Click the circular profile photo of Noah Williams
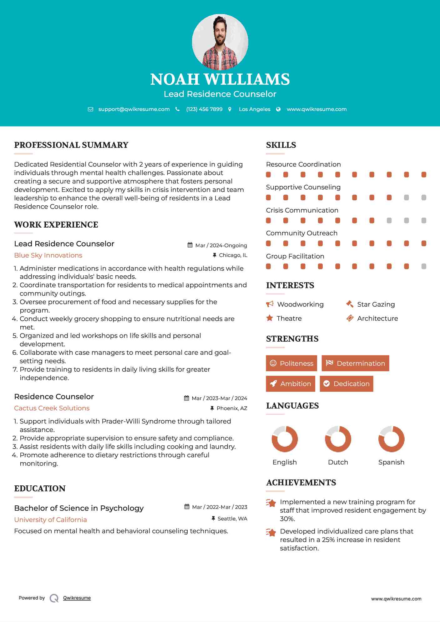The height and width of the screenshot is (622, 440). pyautogui.click(x=220, y=42)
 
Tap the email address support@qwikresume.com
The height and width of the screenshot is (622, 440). pyautogui.click(x=134, y=109)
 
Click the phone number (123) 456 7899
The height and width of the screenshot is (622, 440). pyautogui.click(x=204, y=109)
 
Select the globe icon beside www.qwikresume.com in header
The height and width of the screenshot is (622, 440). pyautogui.click(x=278, y=109)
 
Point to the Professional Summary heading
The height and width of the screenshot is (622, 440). pyautogui.click(x=71, y=145)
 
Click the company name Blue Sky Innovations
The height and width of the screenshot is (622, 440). pyautogui.click(x=48, y=255)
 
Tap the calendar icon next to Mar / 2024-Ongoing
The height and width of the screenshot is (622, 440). pyautogui.click(x=190, y=245)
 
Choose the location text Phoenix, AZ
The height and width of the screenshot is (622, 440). pyautogui.click(x=232, y=408)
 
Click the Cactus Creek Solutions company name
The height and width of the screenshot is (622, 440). pyautogui.click(x=52, y=408)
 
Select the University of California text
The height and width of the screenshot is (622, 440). pyautogui.click(x=51, y=519)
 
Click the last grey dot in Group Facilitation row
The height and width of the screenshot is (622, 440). pyautogui.click(x=424, y=266)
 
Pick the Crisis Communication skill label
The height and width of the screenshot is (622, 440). pyautogui.click(x=302, y=210)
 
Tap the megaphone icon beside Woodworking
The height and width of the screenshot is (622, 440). pyautogui.click(x=270, y=304)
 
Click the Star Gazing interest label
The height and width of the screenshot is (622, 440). pyautogui.click(x=376, y=304)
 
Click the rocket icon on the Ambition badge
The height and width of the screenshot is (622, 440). pyautogui.click(x=273, y=384)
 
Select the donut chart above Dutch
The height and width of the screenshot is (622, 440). pyautogui.click(x=338, y=439)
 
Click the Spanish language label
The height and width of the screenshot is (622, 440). pyautogui.click(x=391, y=462)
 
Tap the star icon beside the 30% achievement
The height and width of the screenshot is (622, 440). pyautogui.click(x=271, y=503)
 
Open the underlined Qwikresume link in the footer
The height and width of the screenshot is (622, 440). pyautogui.click(x=77, y=598)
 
